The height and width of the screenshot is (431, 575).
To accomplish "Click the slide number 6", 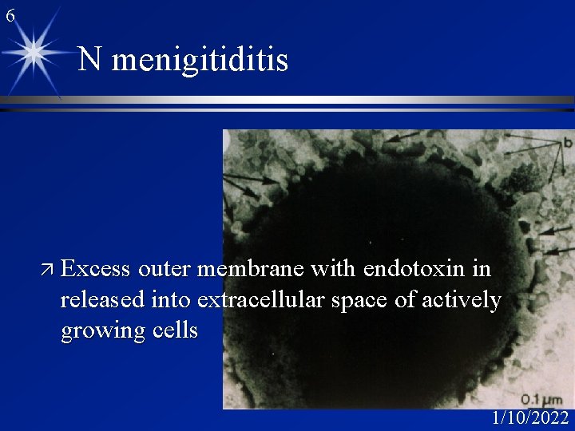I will click(x=9, y=14).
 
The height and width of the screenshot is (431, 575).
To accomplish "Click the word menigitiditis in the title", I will click(x=200, y=60).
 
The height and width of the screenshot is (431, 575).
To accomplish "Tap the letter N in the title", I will click(x=89, y=59).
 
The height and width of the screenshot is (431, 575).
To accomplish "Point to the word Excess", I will click(x=95, y=270).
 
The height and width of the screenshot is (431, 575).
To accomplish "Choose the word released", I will click(x=105, y=300).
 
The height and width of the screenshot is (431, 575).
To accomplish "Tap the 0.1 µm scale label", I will click(x=541, y=399).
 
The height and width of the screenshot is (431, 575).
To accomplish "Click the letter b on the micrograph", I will click(x=567, y=142).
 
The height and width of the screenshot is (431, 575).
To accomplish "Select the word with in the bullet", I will click(x=339, y=270).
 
